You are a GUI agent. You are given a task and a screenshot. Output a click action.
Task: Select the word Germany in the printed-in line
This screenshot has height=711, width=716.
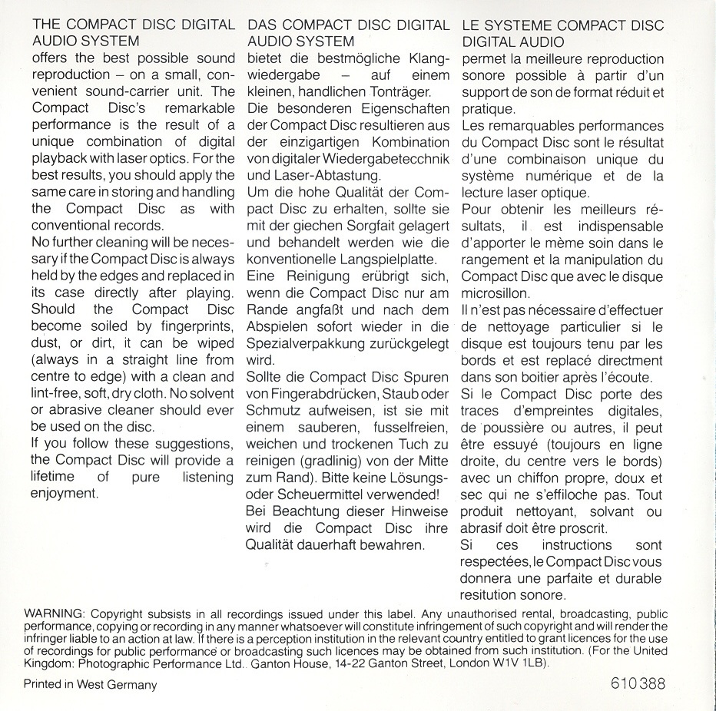click(129, 685)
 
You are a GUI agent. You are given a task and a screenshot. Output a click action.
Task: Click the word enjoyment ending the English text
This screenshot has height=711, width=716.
click(65, 494)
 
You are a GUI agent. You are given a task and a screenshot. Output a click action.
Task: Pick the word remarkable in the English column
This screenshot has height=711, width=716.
click(200, 108)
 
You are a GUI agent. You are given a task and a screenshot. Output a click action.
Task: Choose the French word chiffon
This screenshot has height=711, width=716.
click(544, 478)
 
